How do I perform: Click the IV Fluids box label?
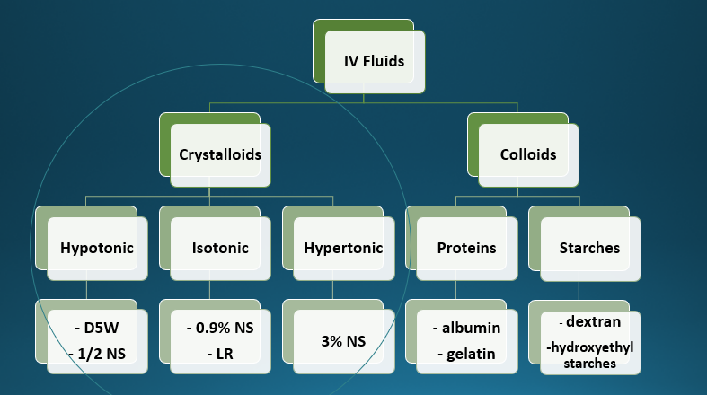[x=375, y=62]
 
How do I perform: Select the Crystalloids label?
[x=220, y=154]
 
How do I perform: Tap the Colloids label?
[x=528, y=154]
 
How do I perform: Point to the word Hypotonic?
[x=96, y=248]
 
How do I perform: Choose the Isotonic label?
[x=220, y=248]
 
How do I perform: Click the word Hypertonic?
[x=343, y=248]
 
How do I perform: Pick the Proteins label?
[x=467, y=248]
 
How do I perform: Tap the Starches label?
[x=589, y=248]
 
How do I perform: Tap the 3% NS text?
[x=343, y=341]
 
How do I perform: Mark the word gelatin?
[x=467, y=354]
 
